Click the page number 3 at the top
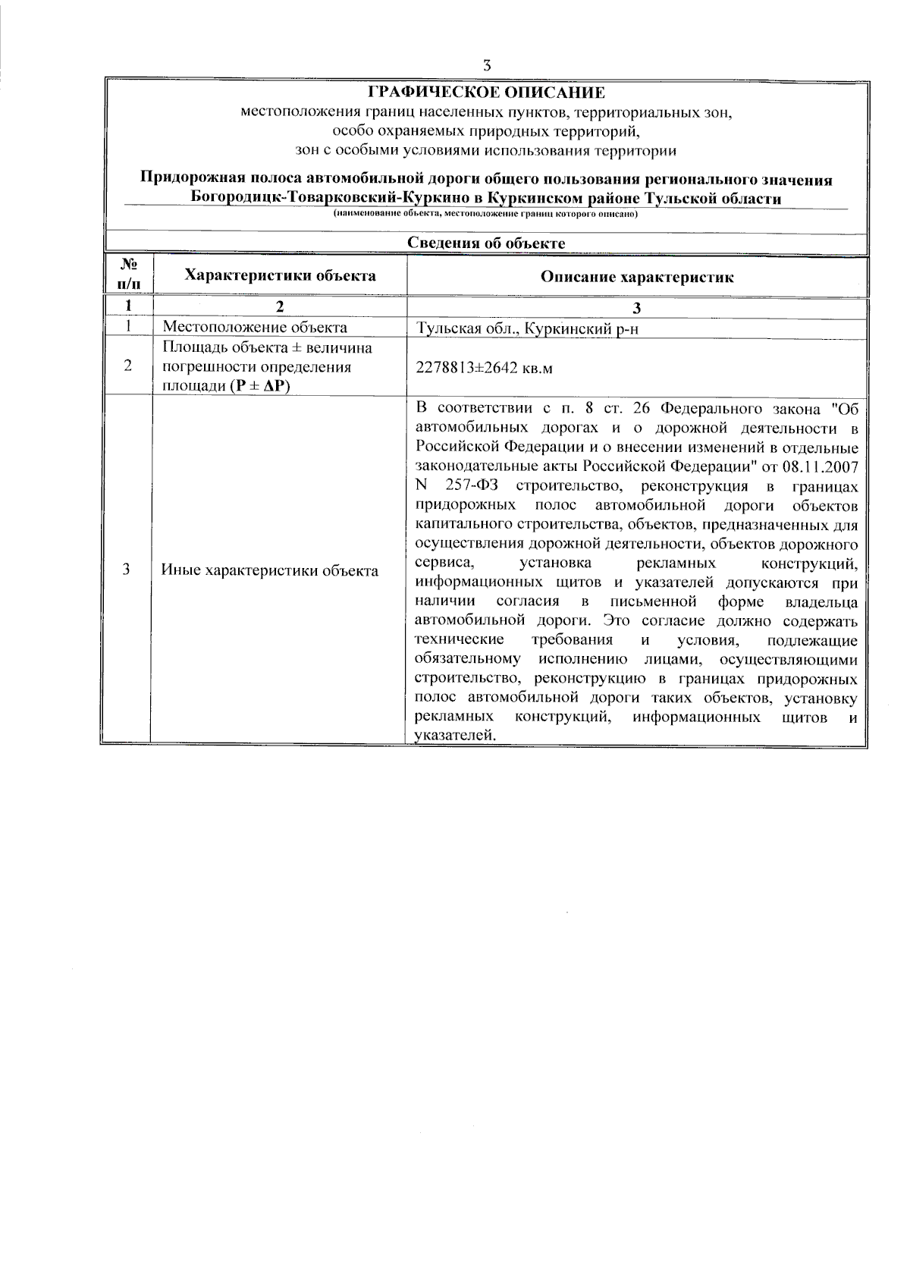(x=486, y=65)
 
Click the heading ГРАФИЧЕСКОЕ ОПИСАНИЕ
(x=486, y=93)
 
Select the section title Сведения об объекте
(x=486, y=243)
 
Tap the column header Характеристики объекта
(x=281, y=275)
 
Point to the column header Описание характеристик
(x=637, y=277)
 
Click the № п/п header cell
(x=129, y=275)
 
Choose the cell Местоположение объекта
(x=256, y=328)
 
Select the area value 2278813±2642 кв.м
(x=485, y=368)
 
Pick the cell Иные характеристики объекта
(x=270, y=570)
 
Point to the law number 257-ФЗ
(x=472, y=486)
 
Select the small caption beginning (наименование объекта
(x=486, y=215)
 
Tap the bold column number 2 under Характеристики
(x=280, y=306)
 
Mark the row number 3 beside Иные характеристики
(x=127, y=570)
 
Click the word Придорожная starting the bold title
(x=184, y=180)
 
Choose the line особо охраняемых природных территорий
(x=486, y=132)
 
